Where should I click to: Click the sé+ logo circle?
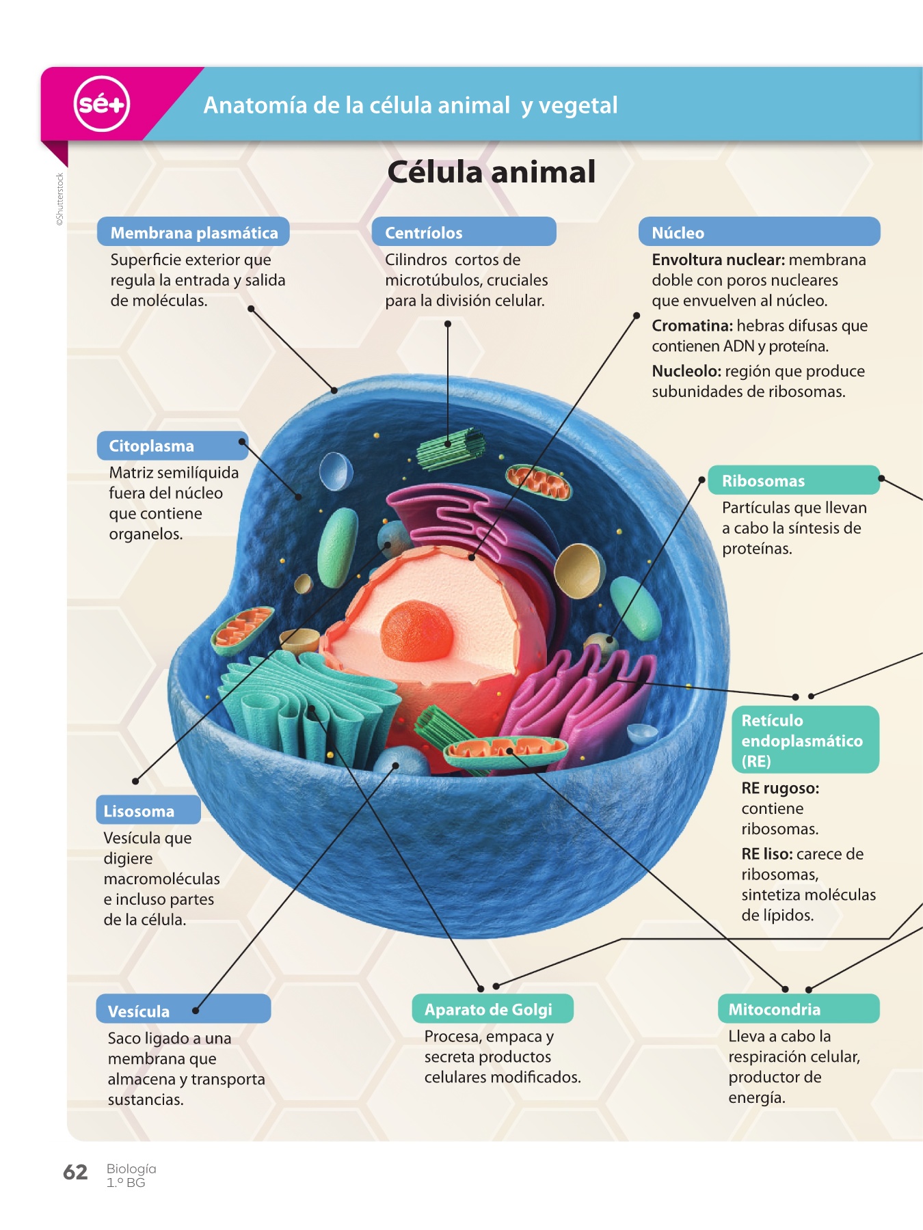(x=101, y=104)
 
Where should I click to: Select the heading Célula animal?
(x=491, y=172)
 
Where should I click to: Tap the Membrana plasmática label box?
(x=193, y=232)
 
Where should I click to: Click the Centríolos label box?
(x=463, y=232)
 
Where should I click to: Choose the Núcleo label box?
(x=758, y=232)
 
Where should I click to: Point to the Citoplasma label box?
(x=172, y=446)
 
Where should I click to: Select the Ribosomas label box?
(x=792, y=480)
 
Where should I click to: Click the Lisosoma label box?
(x=148, y=810)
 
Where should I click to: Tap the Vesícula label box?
(x=183, y=1010)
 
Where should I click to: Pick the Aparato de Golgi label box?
(x=492, y=1009)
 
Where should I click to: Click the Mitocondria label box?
(x=798, y=1009)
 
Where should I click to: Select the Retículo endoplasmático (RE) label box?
(x=805, y=740)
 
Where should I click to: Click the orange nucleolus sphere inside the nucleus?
(x=416, y=630)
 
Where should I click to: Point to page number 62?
(x=75, y=1173)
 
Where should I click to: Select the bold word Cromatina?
(x=691, y=326)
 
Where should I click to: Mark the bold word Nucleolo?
(x=686, y=371)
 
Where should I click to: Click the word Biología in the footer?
(x=131, y=1168)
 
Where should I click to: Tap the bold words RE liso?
(x=766, y=854)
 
